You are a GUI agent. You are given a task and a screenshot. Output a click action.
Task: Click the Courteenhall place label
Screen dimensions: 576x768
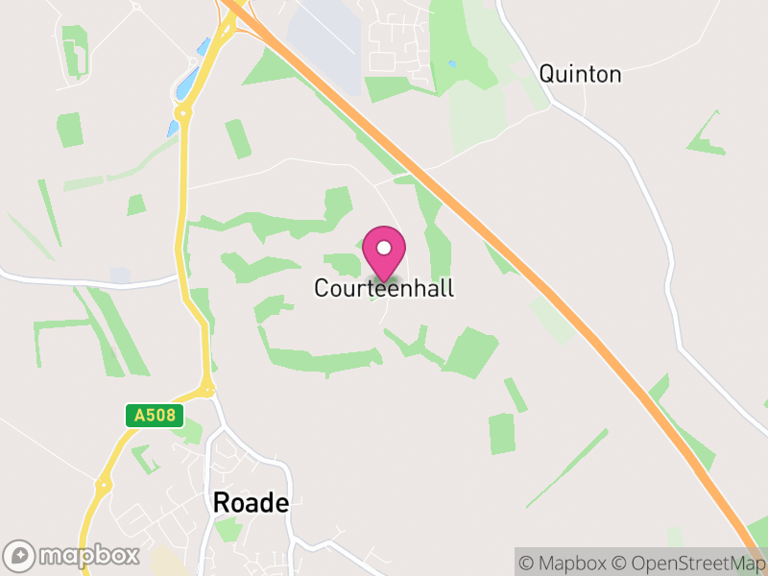(x=384, y=288)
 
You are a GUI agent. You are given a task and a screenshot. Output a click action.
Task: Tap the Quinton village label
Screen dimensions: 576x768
(x=580, y=74)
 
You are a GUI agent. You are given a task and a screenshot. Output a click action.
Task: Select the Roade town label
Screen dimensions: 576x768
(x=250, y=502)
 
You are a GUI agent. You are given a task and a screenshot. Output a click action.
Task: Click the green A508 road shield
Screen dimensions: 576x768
(x=155, y=416)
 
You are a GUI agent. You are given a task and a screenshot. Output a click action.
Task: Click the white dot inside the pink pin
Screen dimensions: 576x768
(x=384, y=248)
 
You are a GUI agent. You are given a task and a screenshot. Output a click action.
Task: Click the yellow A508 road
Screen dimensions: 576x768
(x=180, y=221)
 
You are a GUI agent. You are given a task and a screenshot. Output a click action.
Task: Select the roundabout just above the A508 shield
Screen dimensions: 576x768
(x=206, y=391)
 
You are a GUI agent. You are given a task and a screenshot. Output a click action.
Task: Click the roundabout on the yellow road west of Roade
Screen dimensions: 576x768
(x=103, y=486)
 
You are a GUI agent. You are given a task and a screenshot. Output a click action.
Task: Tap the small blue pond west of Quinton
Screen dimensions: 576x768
(x=451, y=64)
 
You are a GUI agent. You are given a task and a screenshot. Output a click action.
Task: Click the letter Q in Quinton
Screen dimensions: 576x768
(x=547, y=74)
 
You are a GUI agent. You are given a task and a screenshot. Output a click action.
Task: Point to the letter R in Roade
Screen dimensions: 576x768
(x=220, y=502)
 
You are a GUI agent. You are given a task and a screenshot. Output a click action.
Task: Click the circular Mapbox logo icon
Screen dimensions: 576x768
(x=19, y=555)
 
